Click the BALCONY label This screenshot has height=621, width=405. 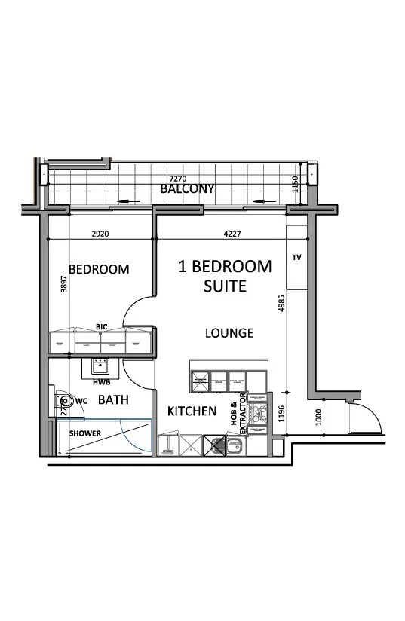(187, 188)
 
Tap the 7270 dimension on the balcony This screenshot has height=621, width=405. (179, 178)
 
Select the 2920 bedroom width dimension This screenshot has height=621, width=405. (100, 234)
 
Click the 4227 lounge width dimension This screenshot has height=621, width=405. (232, 234)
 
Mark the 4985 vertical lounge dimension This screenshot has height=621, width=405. (281, 309)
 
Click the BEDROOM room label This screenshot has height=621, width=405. (99, 269)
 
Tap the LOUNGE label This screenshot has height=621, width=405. (229, 332)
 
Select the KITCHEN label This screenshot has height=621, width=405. (192, 411)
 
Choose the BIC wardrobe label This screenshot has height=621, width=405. (102, 326)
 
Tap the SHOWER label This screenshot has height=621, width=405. (85, 434)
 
